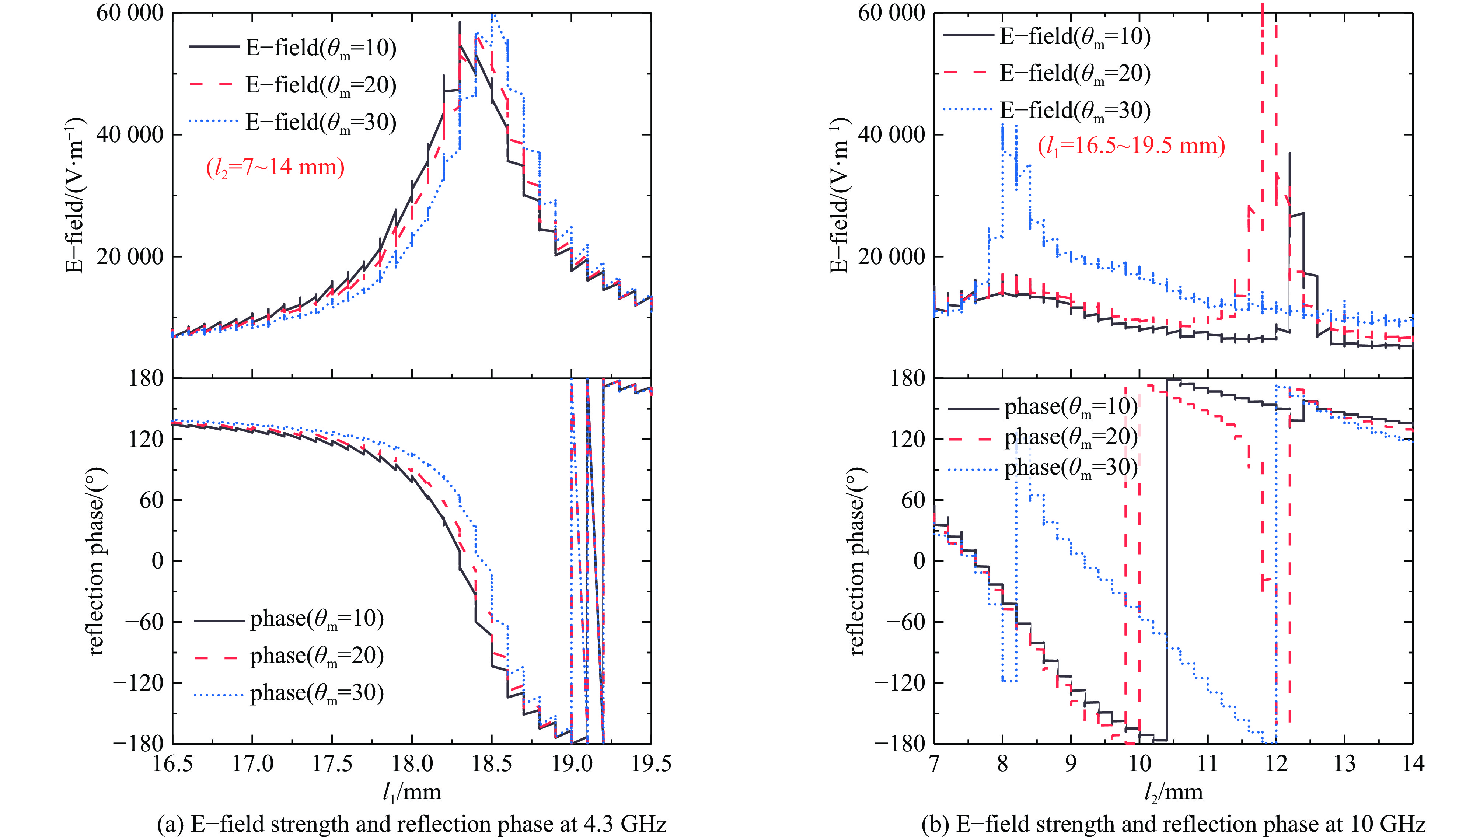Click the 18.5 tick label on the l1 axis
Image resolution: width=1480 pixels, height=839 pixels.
[x=492, y=764]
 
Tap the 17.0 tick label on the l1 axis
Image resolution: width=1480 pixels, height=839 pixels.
[x=252, y=764]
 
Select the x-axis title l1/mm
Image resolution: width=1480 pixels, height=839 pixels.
[x=412, y=792]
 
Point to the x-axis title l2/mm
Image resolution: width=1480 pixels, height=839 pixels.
[x=1173, y=792]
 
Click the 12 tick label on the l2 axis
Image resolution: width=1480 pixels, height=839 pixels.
[x=1276, y=764]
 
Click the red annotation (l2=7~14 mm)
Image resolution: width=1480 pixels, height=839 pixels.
[x=275, y=168]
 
